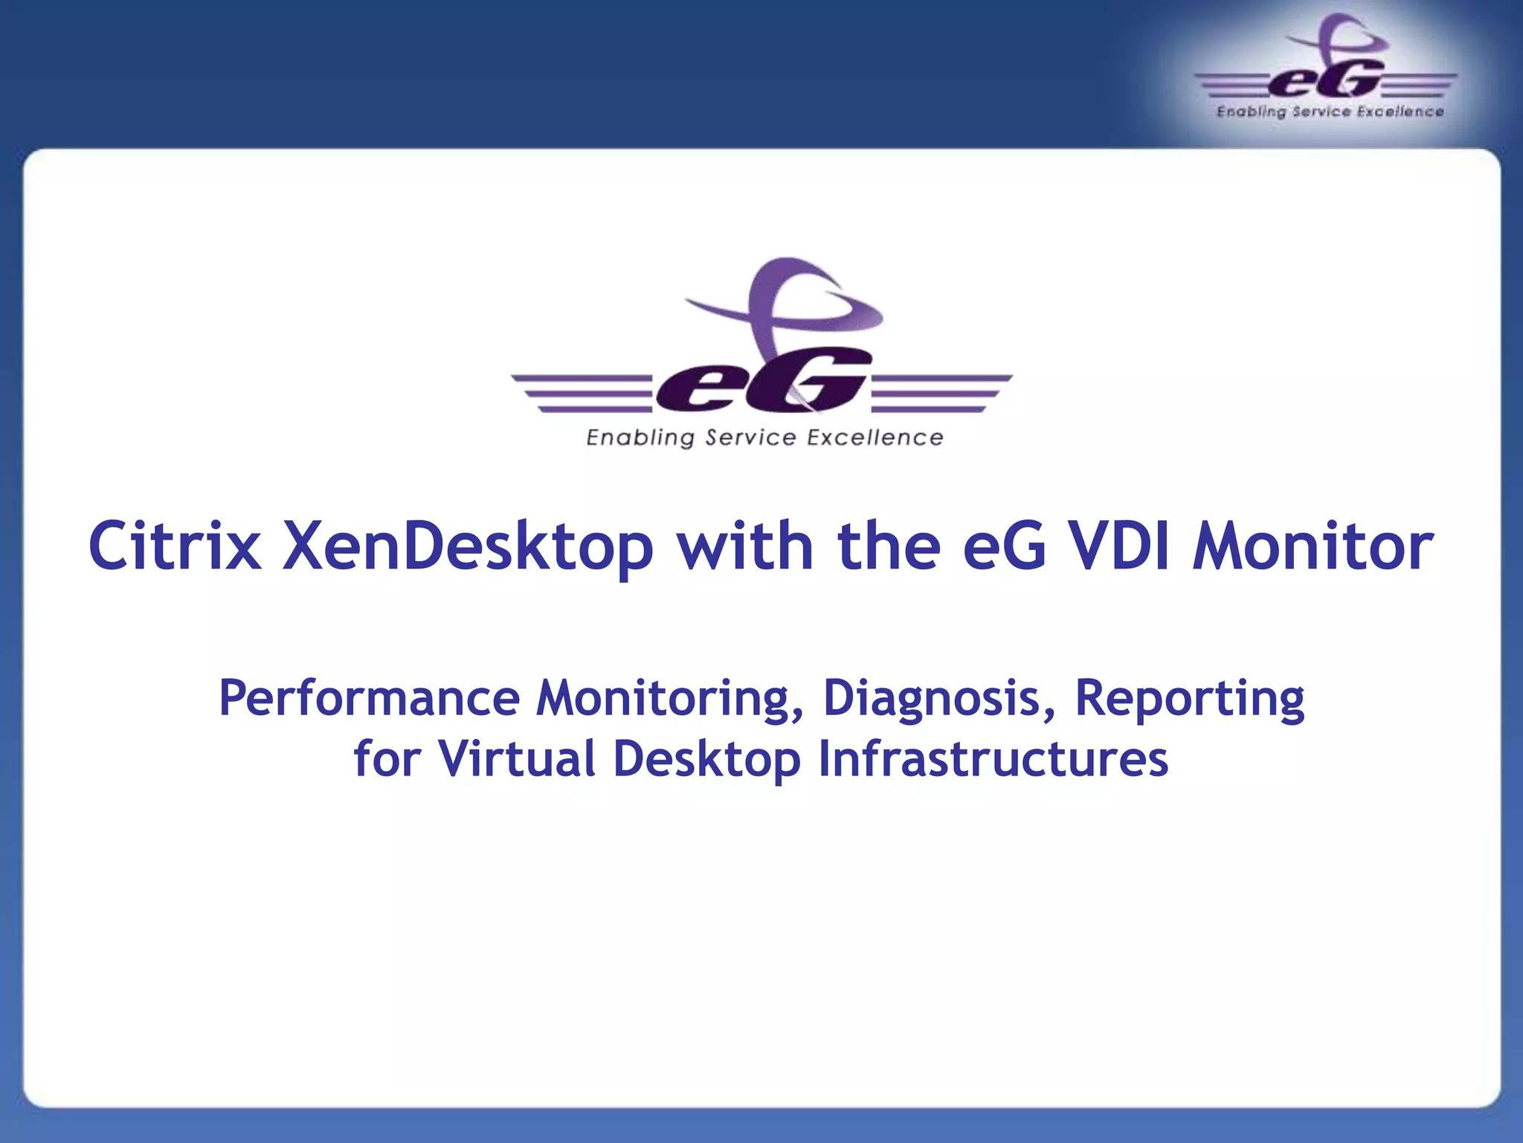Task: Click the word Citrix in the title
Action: (175, 547)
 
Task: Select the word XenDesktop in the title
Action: (468, 547)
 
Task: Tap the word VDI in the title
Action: (1120, 547)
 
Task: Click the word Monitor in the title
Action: (1313, 547)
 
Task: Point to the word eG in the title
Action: (1004, 547)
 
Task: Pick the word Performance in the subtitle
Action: (369, 699)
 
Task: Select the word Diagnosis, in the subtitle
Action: (938, 699)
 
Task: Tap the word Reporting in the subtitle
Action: (1189, 699)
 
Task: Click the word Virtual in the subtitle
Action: (517, 759)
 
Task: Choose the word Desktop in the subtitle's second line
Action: (706, 759)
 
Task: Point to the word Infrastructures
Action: (993, 759)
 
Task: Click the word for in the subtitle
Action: (387, 759)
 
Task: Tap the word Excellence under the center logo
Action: (875, 438)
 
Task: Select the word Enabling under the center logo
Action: (640, 438)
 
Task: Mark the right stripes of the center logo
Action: (941, 393)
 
